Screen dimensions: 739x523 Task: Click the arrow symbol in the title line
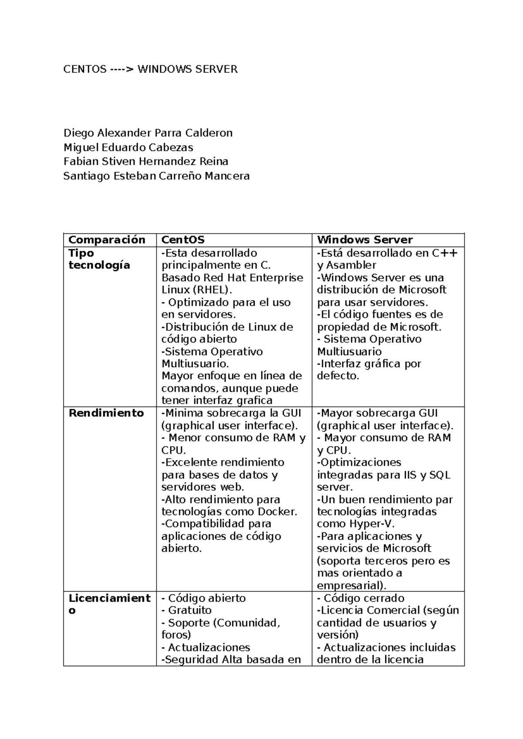(122, 69)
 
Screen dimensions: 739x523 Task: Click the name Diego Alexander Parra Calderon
(148, 133)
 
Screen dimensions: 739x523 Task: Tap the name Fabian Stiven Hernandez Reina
(146, 162)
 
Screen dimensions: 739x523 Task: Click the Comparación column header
(107, 240)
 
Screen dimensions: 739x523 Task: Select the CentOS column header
(183, 240)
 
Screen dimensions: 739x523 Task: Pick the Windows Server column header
(364, 240)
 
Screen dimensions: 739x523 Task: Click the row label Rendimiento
(106, 413)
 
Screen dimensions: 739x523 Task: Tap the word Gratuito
(190, 610)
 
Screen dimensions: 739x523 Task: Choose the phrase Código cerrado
(364, 598)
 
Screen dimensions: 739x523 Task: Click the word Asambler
(351, 265)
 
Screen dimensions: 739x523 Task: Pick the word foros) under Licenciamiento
(176, 635)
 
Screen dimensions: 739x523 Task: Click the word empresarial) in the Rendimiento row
(351, 585)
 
